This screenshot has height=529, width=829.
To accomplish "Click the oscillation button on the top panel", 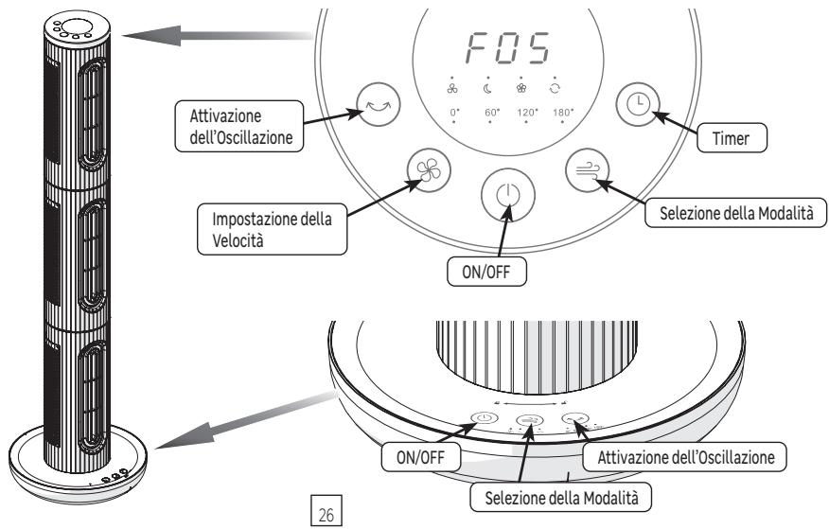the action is [x=378, y=104].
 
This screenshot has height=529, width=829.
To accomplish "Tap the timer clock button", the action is [x=638, y=104].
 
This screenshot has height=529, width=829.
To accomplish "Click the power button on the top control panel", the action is [x=508, y=195].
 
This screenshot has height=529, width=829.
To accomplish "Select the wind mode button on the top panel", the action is [x=587, y=170].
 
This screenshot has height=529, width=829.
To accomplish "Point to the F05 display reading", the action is [x=508, y=48].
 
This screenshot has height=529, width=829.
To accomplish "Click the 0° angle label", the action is [x=454, y=113].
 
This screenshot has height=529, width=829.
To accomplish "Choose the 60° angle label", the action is [x=492, y=113].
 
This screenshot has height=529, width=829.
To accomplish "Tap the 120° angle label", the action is [x=527, y=113].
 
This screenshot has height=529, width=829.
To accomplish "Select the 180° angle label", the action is [x=563, y=113].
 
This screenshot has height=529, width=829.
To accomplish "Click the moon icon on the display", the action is [x=487, y=88].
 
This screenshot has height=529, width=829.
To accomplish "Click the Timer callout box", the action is [x=732, y=138].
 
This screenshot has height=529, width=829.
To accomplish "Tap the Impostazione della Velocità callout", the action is [x=273, y=229].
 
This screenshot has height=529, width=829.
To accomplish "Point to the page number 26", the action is [x=326, y=510].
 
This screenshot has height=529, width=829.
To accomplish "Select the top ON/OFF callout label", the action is [x=486, y=272].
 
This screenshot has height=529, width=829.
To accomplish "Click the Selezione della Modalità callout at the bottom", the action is [x=561, y=497].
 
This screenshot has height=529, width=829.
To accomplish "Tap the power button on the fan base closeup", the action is [x=485, y=418].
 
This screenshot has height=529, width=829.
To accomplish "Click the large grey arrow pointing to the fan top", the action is [x=218, y=36].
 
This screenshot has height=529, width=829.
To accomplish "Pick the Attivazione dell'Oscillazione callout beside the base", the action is [x=684, y=456].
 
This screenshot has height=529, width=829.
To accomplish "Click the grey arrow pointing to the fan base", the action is [x=246, y=420].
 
